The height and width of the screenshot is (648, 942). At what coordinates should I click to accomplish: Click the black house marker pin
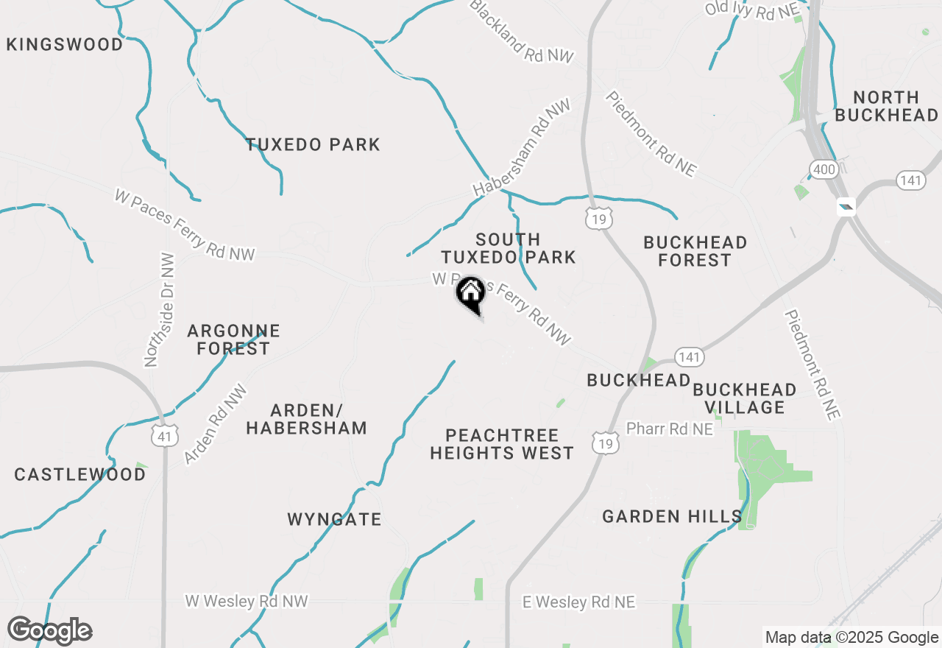point(470,295)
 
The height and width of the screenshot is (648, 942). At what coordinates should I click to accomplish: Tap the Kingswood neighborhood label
point(65,45)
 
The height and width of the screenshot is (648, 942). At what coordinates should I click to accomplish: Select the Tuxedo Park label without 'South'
point(313,144)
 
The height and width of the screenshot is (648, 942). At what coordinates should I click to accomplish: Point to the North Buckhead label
point(887,106)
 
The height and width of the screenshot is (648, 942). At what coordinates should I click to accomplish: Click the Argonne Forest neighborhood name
point(233,339)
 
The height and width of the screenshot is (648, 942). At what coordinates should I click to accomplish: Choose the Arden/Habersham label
point(306,419)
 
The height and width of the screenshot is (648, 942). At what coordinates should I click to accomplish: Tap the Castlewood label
point(80,474)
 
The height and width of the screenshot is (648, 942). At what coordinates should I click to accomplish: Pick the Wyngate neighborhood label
point(335,519)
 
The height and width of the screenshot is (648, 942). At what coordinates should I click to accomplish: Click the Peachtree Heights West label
point(502,444)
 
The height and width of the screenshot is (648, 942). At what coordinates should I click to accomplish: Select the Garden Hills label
point(672,516)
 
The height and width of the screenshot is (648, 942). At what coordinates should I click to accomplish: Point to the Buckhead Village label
point(745,398)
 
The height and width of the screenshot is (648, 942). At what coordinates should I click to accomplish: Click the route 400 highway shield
point(824,170)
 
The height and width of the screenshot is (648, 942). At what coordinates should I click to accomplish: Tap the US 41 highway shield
point(164,437)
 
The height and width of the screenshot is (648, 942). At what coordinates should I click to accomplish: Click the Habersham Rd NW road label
point(522,148)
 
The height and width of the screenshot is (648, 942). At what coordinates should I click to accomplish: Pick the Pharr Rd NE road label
point(669,429)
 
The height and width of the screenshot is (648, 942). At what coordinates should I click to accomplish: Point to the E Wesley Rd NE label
point(578,602)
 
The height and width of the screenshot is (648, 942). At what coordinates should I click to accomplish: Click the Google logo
point(49,631)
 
